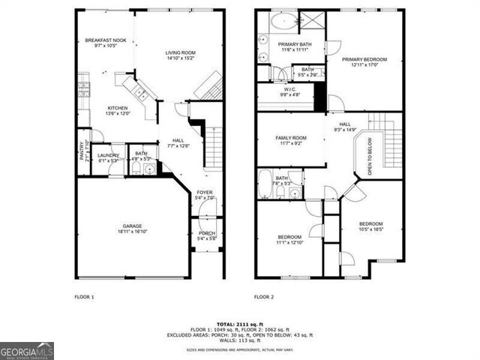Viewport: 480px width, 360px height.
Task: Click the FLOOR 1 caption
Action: (84, 297)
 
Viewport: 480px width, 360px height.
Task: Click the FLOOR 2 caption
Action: (264, 297)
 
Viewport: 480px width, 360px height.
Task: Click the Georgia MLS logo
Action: (27, 351)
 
